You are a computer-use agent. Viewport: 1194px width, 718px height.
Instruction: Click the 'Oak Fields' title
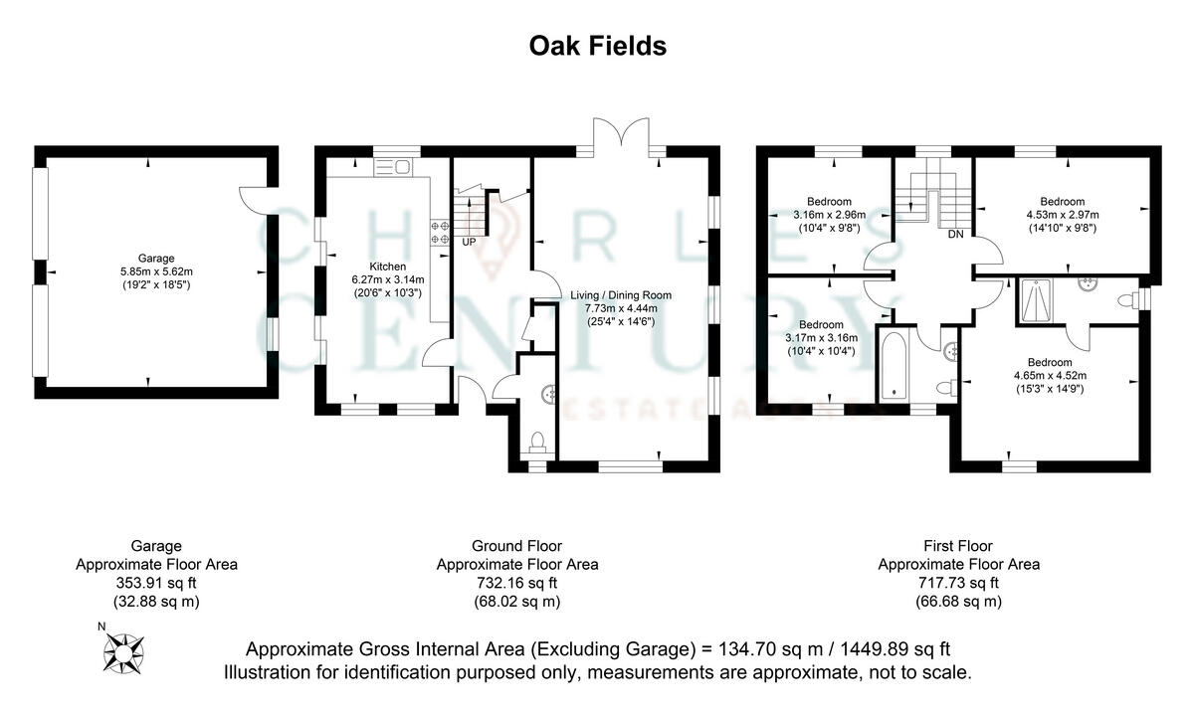click(x=596, y=46)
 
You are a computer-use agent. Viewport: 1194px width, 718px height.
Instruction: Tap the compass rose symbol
click(x=123, y=652)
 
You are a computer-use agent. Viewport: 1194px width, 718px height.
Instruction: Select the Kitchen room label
click(x=387, y=267)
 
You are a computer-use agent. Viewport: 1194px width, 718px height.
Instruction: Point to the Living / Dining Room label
click(x=621, y=295)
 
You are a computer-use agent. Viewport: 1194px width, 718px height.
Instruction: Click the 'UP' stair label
click(x=469, y=243)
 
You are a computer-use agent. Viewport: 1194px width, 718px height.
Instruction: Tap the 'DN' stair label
click(x=955, y=235)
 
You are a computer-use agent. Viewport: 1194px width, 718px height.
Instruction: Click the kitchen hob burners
click(x=439, y=232)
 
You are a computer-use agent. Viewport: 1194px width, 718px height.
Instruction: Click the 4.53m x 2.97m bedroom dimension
click(x=1062, y=214)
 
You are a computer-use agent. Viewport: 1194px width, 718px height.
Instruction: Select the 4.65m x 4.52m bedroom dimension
click(x=1050, y=375)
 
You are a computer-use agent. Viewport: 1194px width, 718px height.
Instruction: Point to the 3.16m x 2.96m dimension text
click(x=829, y=214)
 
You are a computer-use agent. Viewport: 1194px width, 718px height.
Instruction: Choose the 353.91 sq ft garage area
click(x=156, y=583)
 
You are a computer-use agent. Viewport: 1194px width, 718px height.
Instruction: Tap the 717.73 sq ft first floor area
click(x=958, y=583)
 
